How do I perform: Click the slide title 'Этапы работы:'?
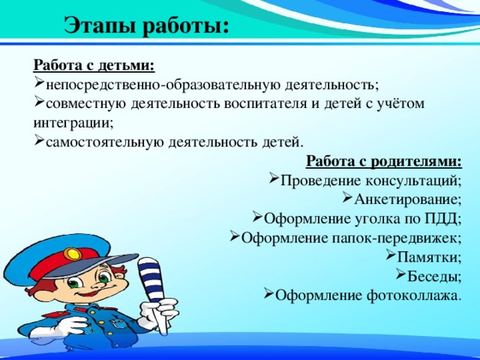pyautogui.click(x=146, y=25)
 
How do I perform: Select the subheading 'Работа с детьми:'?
pyautogui.click(x=94, y=65)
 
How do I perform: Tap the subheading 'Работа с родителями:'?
pyautogui.click(x=384, y=161)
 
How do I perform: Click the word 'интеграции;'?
pyautogui.click(x=68, y=122)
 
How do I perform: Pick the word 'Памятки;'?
pyautogui.click(x=429, y=257)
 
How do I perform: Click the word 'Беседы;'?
pyautogui.click(x=435, y=276)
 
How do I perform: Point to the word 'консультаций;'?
pyautogui.click(x=414, y=181)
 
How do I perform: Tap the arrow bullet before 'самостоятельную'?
pyautogui.click(x=39, y=141)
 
